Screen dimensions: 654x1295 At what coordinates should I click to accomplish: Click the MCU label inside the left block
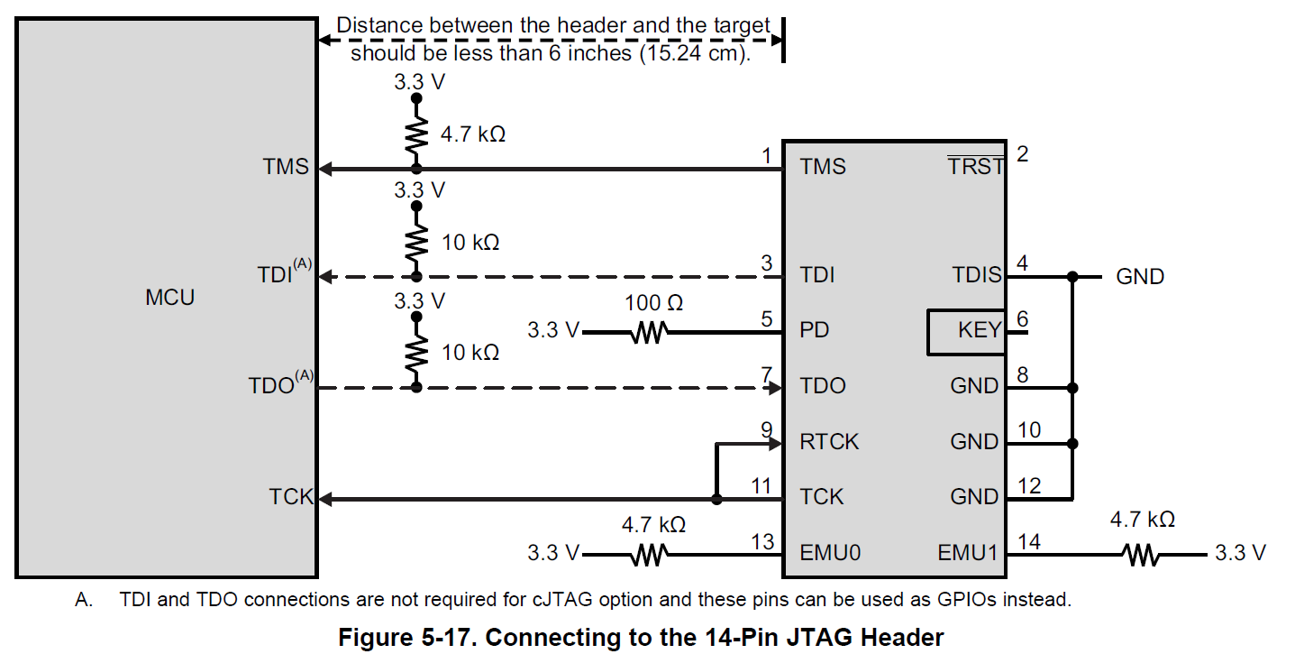coord(169,298)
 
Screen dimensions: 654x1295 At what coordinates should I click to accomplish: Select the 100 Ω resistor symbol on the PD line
coord(649,333)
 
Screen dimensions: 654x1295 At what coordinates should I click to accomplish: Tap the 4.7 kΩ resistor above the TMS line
coord(415,135)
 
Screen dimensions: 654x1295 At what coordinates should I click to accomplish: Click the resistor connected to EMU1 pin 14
coord(1142,554)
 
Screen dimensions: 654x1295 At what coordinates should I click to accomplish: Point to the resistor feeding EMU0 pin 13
coord(649,554)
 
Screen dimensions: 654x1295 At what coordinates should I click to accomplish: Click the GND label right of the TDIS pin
coord(1140,277)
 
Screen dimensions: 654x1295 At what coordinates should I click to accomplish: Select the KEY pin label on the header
coord(979,331)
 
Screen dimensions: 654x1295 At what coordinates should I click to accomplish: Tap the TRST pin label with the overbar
coord(975,166)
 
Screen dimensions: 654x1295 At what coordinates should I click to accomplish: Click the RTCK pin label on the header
coord(829,442)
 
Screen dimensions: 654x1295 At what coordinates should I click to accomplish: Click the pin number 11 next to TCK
coord(761,487)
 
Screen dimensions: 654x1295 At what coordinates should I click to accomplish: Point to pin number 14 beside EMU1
coord(1028,542)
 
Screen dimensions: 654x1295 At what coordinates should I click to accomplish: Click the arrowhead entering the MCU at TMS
coord(327,169)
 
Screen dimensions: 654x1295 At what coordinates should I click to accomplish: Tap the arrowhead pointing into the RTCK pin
coord(774,443)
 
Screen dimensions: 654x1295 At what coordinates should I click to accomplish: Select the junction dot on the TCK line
coord(716,499)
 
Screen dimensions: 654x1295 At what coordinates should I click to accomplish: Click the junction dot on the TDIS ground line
coord(1072,277)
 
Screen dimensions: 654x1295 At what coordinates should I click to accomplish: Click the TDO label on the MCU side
coord(271,387)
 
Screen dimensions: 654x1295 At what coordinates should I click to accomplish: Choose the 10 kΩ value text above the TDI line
coord(470,244)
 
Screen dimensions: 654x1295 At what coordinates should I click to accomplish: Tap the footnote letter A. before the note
coord(84,600)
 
